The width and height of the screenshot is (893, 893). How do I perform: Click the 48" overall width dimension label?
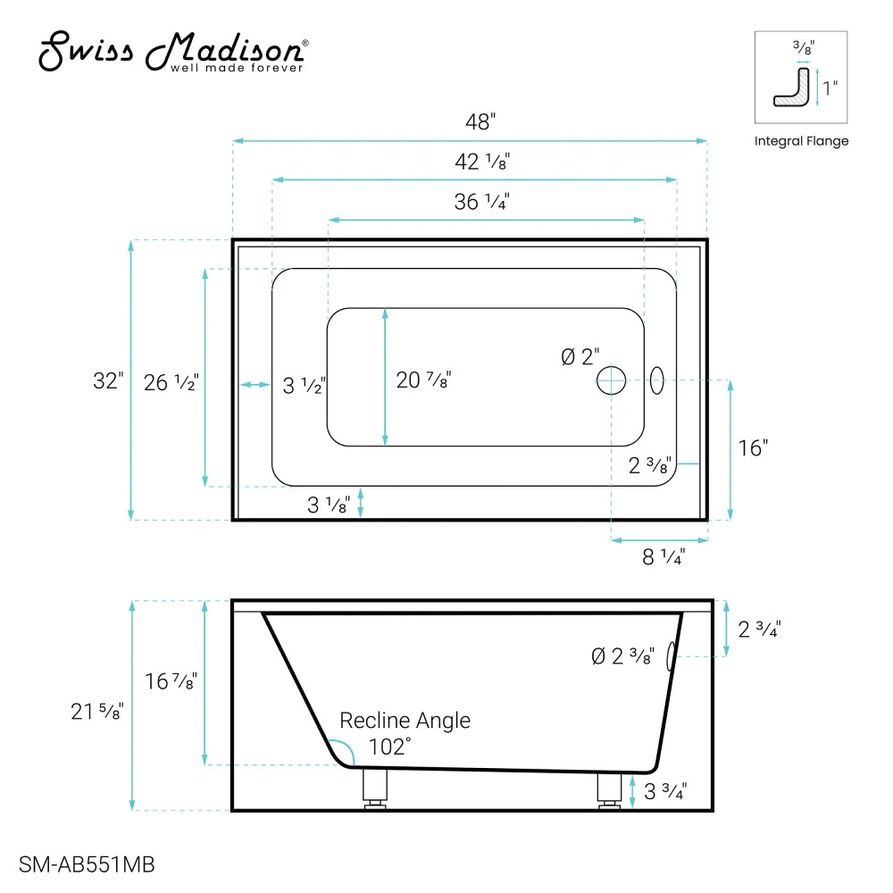(480, 122)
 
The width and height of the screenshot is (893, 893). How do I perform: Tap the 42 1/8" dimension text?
(482, 163)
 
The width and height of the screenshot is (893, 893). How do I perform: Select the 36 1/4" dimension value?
(481, 203)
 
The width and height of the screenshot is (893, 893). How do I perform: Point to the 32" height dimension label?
(107, 381)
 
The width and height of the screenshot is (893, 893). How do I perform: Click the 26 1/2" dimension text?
(171, 384)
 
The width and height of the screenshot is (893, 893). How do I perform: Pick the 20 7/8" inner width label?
(423, 380)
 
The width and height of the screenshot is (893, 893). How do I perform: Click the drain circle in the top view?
(612, 380)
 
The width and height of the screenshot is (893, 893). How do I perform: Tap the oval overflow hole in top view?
(657, 380)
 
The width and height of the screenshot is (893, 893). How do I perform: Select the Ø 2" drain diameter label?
(580, 357)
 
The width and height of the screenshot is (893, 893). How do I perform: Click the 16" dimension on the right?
(753, 448)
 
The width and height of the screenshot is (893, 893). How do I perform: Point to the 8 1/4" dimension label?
(663, 557)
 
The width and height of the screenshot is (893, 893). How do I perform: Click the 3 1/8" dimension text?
(328, 505)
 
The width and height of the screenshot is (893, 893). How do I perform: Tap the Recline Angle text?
(405, 721)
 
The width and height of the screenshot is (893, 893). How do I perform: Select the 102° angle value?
(389, 747)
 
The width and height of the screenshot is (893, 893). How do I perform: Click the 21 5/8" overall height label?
(97, 712)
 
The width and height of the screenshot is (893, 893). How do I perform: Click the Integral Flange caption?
(801, 141)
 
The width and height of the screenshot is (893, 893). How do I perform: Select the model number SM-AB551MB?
(88, 864)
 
